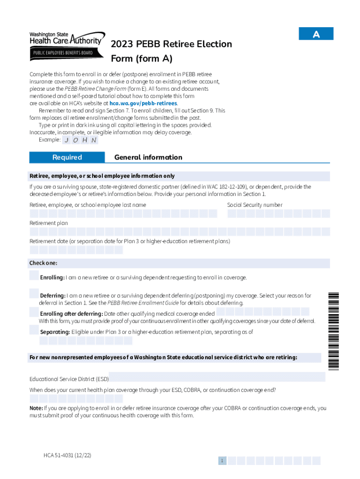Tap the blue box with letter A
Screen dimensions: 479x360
[316, 34]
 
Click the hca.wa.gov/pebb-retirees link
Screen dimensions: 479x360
[143, 103]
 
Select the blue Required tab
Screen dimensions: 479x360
[67, 157]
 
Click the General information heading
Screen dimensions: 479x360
[148, 157]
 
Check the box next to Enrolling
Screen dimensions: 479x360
[34, 276]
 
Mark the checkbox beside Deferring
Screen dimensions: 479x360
[34, 294]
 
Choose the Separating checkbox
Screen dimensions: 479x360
[34, 330]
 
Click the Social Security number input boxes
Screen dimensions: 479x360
[278, 214]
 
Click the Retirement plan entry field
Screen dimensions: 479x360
[180, 232]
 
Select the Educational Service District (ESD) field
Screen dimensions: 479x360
[217, 377]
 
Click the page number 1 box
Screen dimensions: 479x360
[223, 461]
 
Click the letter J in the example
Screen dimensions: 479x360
[67, 140]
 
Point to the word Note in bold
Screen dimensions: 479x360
[36, 408]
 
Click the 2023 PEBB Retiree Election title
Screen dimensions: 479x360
[171, 44]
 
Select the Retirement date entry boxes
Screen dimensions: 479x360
[76, 250]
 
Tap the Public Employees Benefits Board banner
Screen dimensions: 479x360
[62, 53]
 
